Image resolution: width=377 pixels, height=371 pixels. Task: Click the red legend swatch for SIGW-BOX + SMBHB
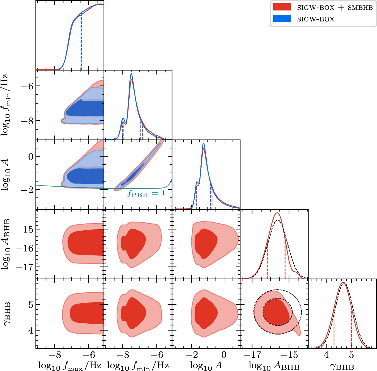pos(282,7)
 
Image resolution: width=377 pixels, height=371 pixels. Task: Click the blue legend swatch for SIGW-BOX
pos(282,19)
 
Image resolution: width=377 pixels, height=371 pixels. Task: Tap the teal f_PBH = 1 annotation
pos(146,193)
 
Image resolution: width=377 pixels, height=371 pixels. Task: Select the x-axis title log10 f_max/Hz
pos(70,365)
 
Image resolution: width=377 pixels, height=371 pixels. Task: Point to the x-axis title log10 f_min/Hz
pos(138,365)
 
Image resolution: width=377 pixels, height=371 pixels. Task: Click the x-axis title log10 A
pos(206,365)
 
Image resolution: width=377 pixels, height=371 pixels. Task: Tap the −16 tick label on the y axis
pos(24,248)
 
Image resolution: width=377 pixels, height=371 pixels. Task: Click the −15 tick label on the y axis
pos(24,230)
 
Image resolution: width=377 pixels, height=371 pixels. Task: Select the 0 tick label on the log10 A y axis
pos(30,157)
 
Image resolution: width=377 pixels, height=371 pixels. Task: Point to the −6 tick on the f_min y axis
pos(27,86)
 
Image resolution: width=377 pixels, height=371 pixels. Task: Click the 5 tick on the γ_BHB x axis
pos(351,355)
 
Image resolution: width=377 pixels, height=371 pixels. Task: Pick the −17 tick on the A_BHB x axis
pos(252,355)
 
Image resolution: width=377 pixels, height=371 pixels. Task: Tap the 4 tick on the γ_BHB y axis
pos(30,331)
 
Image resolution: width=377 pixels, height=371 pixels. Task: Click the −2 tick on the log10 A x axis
pos(192,355)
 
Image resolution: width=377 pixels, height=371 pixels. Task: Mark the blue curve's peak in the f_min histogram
pos(131,74)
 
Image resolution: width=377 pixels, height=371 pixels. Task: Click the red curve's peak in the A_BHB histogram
pos(277,213)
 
